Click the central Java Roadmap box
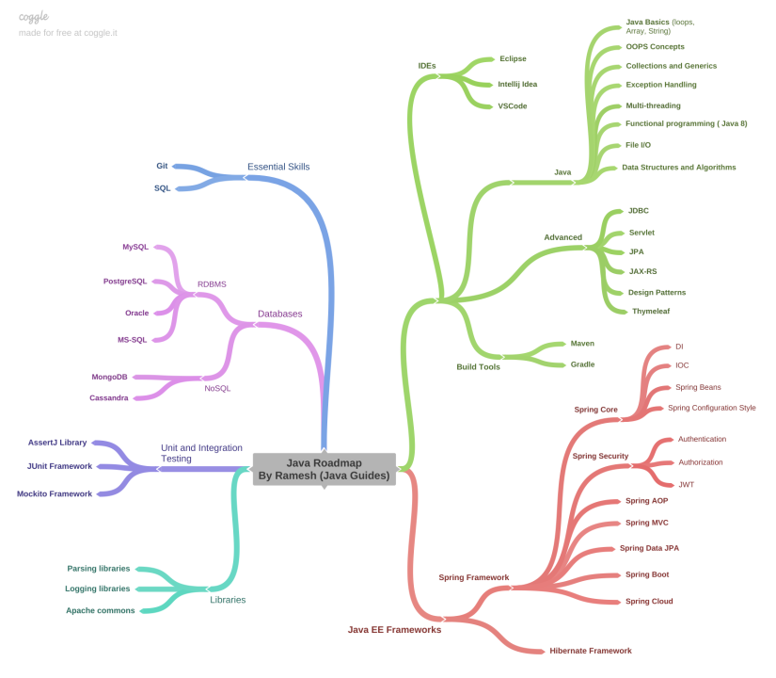(x=324, y=469)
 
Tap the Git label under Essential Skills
(x=162, y=166)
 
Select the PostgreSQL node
(x=125, y=281)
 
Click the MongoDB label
(x=109, y=377)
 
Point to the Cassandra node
(x=109, y=397)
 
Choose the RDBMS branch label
(x=212, y=283)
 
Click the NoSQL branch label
(x=217, y=388)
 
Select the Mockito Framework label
(x=55, y=493)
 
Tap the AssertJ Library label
(x=57, y=442)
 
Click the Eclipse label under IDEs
(x=513, y=58)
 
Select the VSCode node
(x=512, y=106)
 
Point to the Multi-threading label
(x=653, y=105)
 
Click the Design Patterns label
(x=657, y=292)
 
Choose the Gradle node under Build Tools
(x=582, y=363)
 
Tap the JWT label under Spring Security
(x=686, y=484)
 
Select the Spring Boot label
(x=647, y=574)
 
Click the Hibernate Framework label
(x=591, y=651)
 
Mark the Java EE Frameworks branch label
(x=394, y=630)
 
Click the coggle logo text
(x=34, y=16)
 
